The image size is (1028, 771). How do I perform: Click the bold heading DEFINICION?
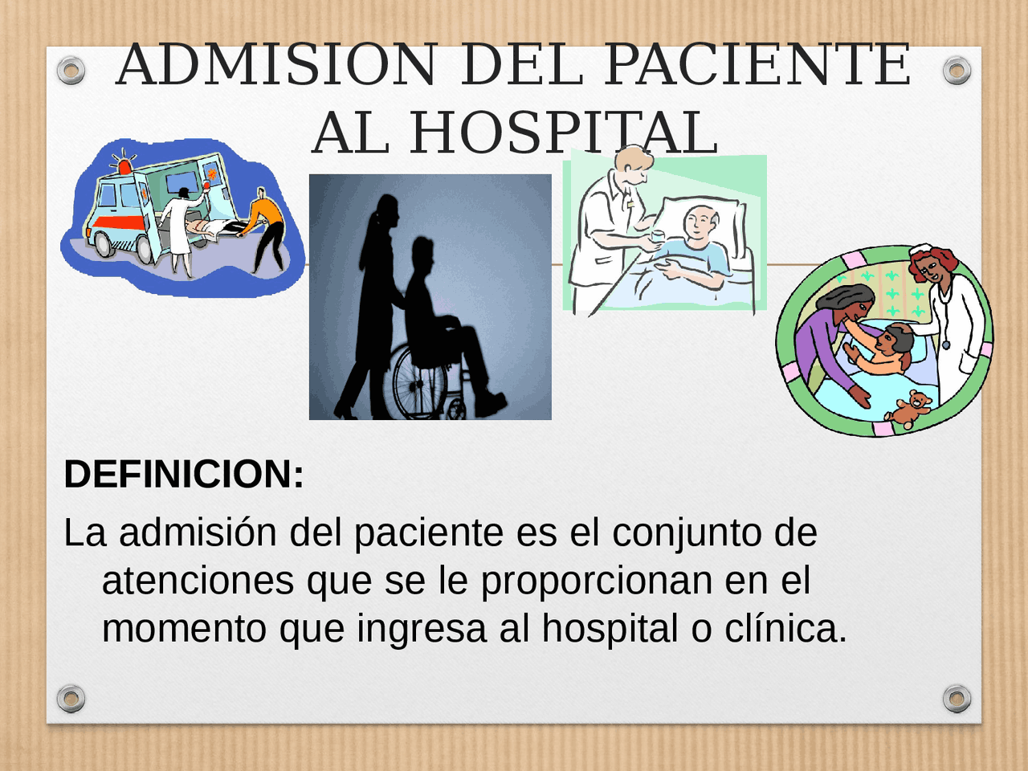[x=184, y=474]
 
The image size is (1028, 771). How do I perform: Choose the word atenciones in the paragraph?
[x=198, y=580]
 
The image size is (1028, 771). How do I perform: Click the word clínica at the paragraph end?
[x=785, y=628]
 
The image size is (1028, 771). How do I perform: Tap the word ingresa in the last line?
[x=422, y=628]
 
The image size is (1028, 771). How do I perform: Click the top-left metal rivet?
[x=71, y=71]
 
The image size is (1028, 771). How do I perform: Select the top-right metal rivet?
[x=957, y=71]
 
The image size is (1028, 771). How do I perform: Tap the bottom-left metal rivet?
[x=71, y=699]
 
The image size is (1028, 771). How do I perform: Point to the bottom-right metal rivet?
[x=957, y=699]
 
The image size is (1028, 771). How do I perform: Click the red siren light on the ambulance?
[x=125, y=166]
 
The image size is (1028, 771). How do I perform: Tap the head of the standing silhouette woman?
[x=385, y=210]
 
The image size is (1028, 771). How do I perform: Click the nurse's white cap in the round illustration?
[x=920, y=251]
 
